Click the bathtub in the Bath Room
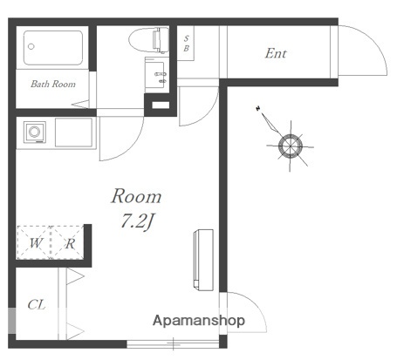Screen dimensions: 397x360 tap(53, 48)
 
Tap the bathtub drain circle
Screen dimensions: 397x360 tap(31, 46)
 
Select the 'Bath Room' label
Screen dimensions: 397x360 tap(53, 84)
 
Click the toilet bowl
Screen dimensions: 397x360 tap(148, 40)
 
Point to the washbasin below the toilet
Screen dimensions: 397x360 tap(157, 75)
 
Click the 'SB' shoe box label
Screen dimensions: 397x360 tap(186, 44)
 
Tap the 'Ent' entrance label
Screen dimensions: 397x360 tap(276, 53)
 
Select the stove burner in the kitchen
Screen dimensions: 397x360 tap(35, 132)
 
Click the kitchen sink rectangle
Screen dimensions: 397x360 tap(74, 132)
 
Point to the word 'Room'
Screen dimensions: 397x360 tap(136, 196)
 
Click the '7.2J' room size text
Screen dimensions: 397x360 tap(136, 221)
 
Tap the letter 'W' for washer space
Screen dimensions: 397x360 tap(36, 243)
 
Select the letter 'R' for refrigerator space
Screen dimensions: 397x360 tap(70, 243)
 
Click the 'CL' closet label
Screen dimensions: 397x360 tap(37, 305)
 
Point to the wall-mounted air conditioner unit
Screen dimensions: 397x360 tap(203, 260)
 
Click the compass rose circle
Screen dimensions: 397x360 tap(291, 146)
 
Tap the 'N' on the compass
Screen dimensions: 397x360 tap(258, 109)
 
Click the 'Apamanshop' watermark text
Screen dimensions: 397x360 tap(199, 321)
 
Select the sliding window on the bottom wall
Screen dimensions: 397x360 tap(173, 344)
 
